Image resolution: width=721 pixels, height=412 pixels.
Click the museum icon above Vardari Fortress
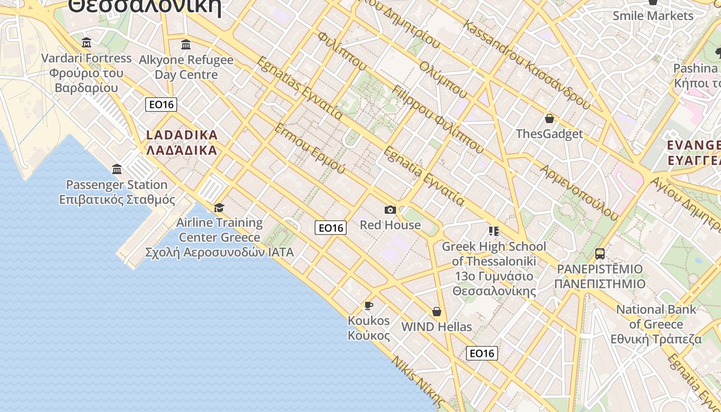pos(87,42)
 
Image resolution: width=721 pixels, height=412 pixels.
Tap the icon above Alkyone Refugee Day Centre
pos(186,44)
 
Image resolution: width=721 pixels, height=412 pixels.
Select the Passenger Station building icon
pos(117,169)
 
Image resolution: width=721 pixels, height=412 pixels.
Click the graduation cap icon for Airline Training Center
pos(219,208)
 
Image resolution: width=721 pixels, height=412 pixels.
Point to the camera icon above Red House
pos(390,210)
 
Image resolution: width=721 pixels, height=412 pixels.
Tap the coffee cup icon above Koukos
pos(369,305)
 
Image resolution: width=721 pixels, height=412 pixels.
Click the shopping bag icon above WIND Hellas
pos(437,312)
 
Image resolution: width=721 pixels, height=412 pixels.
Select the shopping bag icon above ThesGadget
pos(550,118)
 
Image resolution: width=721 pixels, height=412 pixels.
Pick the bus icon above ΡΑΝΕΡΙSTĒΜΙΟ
pos(600,253)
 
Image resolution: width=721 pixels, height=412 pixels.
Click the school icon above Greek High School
pos(494,231)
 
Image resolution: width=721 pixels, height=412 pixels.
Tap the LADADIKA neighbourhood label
pos(182,143)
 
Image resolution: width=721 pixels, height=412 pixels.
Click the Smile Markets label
pos(653,16)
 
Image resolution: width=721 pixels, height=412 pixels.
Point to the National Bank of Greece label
pos(656,324)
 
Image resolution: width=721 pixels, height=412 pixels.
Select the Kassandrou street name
pos(525,64)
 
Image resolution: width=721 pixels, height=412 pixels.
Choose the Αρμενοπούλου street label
pos(579,192)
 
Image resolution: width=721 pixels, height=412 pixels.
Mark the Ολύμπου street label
pos(443,80)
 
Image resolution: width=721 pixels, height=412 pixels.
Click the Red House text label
pos(390,225)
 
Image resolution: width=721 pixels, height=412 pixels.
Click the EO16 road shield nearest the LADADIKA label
pos(161,105)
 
